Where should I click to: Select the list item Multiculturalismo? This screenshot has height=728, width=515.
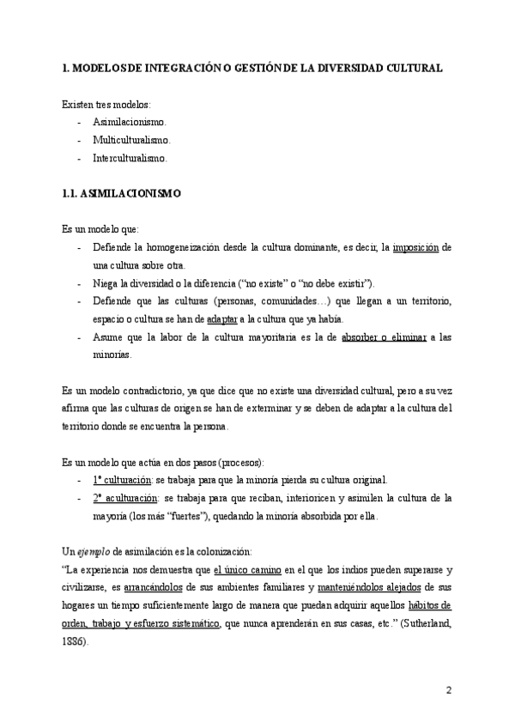pyautogui.click(x=131, y=140)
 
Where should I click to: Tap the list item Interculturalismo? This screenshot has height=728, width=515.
pyautogui.click(x=130, y=158)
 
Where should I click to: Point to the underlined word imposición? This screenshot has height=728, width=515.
pyautogui.click(x=415, y=248)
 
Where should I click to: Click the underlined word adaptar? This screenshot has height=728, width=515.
pyautogui.click(x=224, y=318)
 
